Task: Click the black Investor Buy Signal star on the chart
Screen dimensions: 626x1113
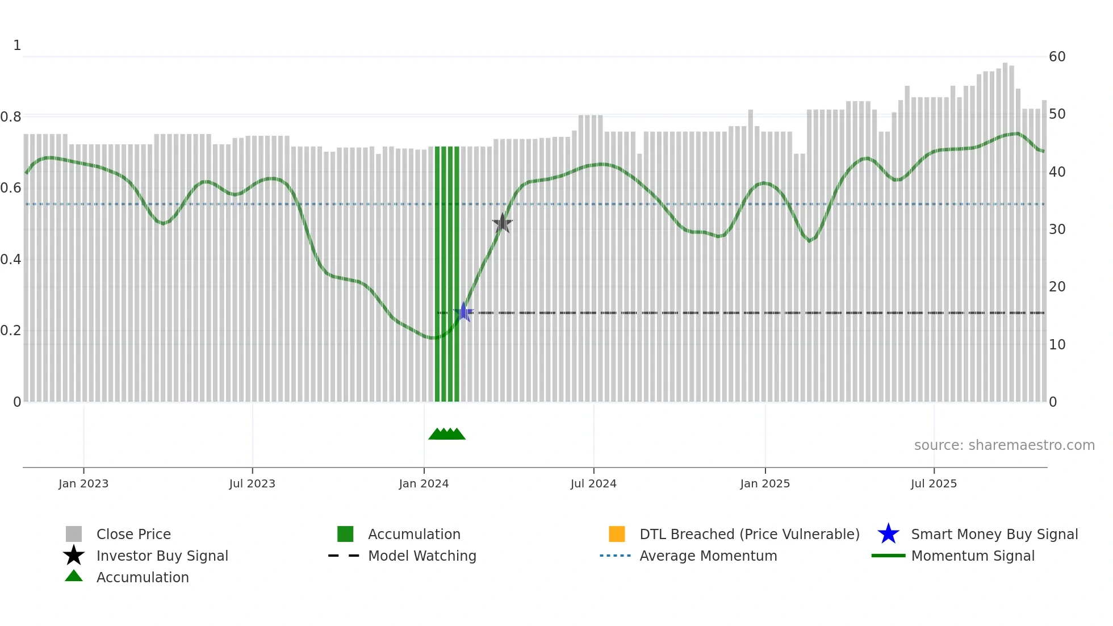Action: (x=503, y=223)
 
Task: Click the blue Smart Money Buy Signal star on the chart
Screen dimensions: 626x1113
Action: (x=463, y=312)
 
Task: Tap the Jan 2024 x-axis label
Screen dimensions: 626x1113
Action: (x=424, y=483)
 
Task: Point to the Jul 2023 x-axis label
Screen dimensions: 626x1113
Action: (x=252, y=483)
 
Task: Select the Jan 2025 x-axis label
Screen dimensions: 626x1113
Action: (x=765, y=483)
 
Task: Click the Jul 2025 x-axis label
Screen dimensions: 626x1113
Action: (x=934, y=483)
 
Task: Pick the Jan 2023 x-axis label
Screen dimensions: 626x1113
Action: (x=83, y=483)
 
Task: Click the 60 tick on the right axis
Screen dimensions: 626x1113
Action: (x=1057, y=57)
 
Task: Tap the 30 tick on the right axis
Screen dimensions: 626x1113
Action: (x=1057, y=229)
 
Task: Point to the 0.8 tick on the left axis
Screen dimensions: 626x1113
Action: (x=11, y=117)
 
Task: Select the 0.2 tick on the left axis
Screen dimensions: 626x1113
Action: (x=11, y=331)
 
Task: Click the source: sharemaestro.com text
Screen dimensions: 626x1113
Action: (x=1004, y=445)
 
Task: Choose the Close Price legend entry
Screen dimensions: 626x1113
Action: (x=133, y=534)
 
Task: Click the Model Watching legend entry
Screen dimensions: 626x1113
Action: (x=422, y=556)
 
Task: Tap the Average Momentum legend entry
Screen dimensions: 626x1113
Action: (x=708, y=556)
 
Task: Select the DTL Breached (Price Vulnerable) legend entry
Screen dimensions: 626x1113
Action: (x=749, y=534)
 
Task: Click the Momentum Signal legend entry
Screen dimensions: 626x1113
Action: (x=973, y=556)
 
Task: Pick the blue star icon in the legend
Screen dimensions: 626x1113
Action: (x=888, y=534)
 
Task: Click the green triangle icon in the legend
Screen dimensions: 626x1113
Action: (x=74, y=576)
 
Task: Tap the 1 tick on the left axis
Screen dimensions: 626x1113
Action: (x=17, y=45)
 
